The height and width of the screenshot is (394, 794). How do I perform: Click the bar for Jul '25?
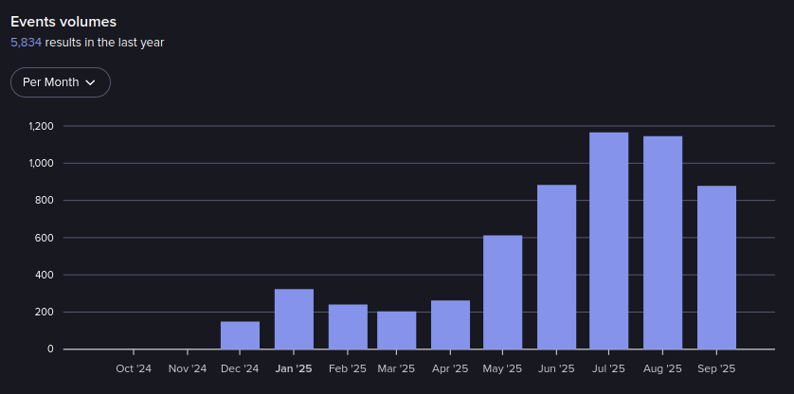click(608, 241)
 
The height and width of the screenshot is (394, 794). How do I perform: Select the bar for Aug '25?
click(662, 242)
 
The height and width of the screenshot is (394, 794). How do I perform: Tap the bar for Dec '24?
click(240, 335)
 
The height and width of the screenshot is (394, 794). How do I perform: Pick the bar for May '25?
click(502, 292)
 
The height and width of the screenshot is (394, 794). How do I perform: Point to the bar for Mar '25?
click(396, 330)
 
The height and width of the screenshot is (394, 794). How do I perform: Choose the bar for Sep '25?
click(716, 267)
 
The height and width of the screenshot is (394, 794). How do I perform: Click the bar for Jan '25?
click(294, 319)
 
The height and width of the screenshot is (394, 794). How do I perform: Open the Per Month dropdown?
click(61, 82)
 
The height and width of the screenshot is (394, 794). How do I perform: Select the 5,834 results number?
click(26, 43)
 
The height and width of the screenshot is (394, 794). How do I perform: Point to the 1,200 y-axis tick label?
click(41, 126)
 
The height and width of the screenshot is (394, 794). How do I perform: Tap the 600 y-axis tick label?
click(45, 238)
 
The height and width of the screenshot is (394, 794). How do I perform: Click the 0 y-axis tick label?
click(50, 349)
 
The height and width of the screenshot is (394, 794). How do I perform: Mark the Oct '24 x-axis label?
click(134, 368)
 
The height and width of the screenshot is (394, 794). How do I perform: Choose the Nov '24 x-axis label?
click(187, 368)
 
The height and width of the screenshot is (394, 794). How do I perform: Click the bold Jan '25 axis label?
click(293, 368)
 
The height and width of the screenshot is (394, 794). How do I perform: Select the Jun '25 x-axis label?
click(556, 368)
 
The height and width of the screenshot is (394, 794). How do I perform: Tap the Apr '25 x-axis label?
click(450, 368)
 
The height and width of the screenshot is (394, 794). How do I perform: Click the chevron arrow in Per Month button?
click(91, 82)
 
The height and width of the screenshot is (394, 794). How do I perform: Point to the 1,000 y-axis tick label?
click(41, 163)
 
